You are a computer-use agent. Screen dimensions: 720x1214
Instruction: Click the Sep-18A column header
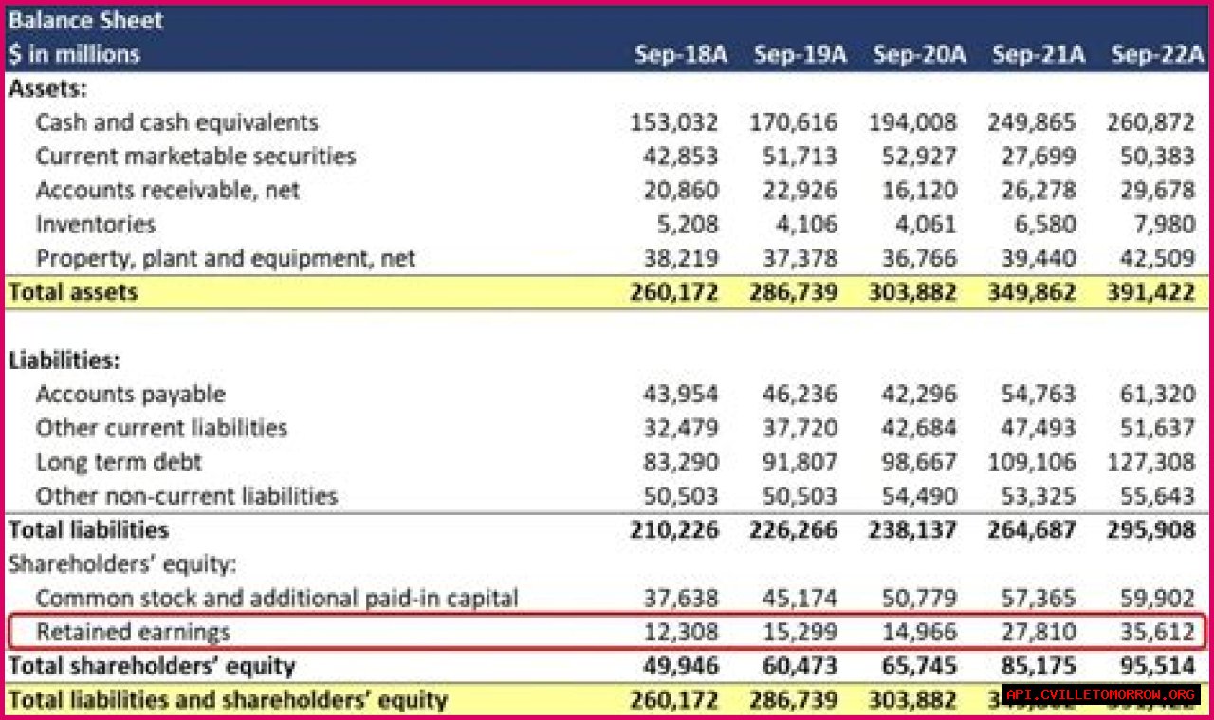tap(680, 54)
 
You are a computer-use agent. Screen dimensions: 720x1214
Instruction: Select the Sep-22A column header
tap(1157, 54)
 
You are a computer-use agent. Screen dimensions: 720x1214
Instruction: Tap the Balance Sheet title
tap(86, 20)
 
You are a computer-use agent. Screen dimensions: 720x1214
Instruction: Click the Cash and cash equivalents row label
tap(176, 122)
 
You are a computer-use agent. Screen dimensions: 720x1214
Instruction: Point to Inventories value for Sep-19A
tap(800, 225)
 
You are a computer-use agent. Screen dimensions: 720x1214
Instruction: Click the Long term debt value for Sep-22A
tap(1150, 462)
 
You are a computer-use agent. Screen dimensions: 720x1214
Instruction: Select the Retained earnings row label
tap(133, 632)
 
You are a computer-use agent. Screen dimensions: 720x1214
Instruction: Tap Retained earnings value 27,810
tap(1039, 632)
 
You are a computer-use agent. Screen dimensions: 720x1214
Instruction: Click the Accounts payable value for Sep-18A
tap(674, 394)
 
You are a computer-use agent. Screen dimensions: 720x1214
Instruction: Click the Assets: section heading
tap(48, 89)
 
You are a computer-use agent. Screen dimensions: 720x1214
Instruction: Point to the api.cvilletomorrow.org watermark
tap(1100, 694)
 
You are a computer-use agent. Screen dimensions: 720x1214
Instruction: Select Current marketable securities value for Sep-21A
tap(1039, 157)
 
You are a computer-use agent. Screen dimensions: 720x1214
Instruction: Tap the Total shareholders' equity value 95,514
tap(1150, 666)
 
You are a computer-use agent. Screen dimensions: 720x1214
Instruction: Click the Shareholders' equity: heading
tap(122, 563)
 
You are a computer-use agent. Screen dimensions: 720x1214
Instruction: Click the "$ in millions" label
tap(74, 54)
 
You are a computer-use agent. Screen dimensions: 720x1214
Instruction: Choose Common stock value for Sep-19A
tap(800, 598)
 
